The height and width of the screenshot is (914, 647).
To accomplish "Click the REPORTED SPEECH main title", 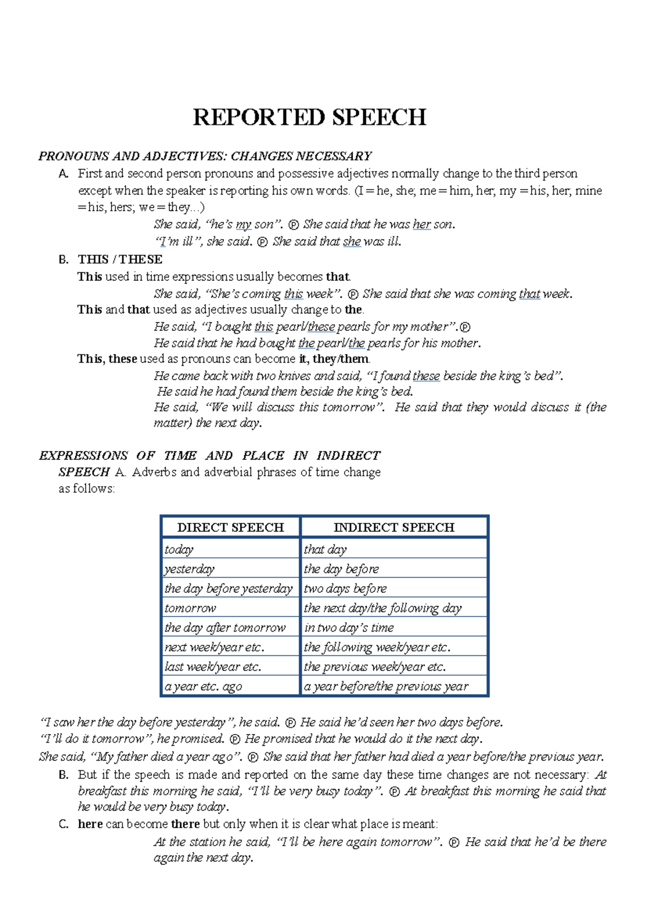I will pyautogui.click(x=309, y=117).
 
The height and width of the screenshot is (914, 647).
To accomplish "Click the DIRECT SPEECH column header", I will pyautogui.click(x=230, y=527).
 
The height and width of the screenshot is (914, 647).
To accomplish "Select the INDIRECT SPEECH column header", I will pyautogui.click(x=394, y=527).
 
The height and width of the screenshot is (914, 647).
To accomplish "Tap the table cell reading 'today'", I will pyautogui.click(x=179, y=549).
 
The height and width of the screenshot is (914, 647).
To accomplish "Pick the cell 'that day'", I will pyautogui.click(x=325, y=549).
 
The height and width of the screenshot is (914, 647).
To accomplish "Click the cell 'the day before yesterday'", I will pyautogui.click(x=229, y=588).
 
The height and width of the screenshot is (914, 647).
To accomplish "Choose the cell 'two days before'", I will pyautogui.click(x=345, y=588).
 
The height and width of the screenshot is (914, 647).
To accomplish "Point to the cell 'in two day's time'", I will pyautogui.click(x=349, y=627).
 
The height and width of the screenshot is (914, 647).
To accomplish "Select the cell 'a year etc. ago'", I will pyautogui.click(x=203, y=686).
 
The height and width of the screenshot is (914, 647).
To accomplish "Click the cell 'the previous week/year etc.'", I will pyautogui.click(x=375, y=667).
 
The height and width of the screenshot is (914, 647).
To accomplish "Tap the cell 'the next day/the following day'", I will pyautogui.click(x=383, y=608).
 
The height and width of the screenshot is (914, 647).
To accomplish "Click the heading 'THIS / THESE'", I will pyautogui.click(x=120, y=259).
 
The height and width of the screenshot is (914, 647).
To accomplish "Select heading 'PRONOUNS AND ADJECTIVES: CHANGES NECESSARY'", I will pyautogui.click(x=205, y=156).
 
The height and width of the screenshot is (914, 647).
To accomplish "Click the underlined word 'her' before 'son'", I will pyautogui.click(x=422, y=224).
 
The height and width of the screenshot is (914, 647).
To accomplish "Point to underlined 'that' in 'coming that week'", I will pyautogui.click(x=529, y=294).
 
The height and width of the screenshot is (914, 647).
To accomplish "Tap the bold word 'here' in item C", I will pyautogui.click(x=90, y=824).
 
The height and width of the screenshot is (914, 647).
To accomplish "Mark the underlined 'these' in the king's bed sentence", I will pyautogui.click(x=426, y=376).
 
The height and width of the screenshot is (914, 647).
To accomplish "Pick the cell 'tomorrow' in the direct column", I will pyautogui.click(x=190, y=608).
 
